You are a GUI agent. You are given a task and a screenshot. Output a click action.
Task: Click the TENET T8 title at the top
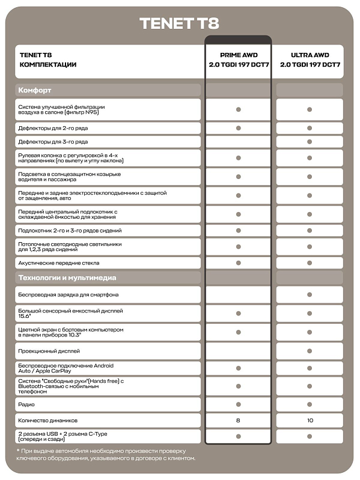[x=179, y=23]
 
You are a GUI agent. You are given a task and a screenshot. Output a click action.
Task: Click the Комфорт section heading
[x=35, y=90]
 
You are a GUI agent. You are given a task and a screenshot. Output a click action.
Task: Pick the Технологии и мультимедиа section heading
[x=67, y=278]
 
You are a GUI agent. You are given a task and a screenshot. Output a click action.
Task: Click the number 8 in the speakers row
[x=238, y=421]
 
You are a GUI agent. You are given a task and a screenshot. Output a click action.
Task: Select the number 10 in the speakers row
[x=310, y=421]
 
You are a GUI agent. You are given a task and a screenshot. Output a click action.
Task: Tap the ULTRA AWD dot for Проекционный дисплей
[x=310, y=350]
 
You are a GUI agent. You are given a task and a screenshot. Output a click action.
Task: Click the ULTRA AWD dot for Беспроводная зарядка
[x=310, y=294]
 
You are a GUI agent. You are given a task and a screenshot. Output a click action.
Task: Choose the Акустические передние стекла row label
[x=59, y=263]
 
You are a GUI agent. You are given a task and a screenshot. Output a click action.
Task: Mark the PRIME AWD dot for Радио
[x=238, y=404]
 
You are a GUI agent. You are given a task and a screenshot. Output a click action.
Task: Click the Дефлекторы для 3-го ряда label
[x=53, y=142]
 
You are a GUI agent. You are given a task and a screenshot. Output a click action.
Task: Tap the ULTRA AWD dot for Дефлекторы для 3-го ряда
[x=310, y=142]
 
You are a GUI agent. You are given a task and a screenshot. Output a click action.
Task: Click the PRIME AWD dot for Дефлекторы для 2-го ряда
[x=238, y=128]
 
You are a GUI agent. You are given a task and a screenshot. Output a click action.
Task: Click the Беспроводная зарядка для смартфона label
[x=69, y=294]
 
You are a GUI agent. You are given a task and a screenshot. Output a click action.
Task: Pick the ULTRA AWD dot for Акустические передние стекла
[x=310, y=263]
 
